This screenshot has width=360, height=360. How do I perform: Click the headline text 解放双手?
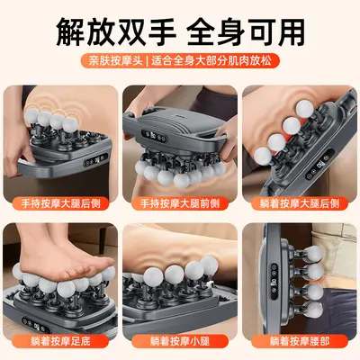click(116, 31)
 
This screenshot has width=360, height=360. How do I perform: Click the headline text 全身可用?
click(246, 31)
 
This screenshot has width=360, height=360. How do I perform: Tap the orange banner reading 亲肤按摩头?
click(115, 60)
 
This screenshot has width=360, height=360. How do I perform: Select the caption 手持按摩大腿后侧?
click(60, 203)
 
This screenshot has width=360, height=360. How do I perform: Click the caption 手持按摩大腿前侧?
click(180, 203)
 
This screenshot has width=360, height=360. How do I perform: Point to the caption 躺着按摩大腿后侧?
click(300, 203)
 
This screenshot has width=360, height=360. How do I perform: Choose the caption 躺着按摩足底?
click(60, 341)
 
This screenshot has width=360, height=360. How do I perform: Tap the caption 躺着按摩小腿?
click(180, 341)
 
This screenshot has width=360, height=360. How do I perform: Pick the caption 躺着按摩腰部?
click(300, 341)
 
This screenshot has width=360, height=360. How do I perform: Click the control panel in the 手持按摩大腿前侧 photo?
click(155, 136)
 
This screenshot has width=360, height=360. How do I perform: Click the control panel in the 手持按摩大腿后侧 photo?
click(95, 161)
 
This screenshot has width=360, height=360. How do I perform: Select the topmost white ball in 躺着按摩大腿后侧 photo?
click(304, 108)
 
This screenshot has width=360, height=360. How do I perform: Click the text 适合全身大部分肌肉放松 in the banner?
click(211, 60)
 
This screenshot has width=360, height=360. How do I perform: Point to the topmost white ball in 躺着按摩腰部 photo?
click(314, 253)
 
